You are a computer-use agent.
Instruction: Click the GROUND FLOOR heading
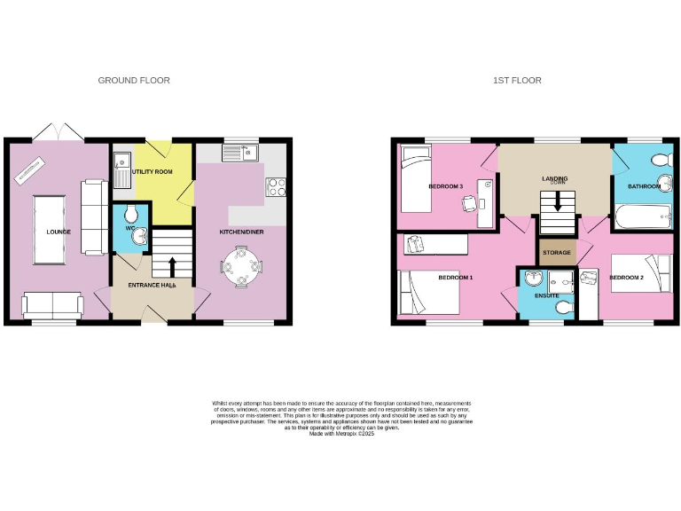pyautogui.click(x=134, y=81)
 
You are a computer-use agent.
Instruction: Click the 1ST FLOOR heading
pyautogui.click(x=517, y=81)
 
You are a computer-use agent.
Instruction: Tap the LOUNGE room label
pyautogui.click(x=59, y=232)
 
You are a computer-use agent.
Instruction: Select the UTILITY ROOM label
pyautogui.click(x=152, y=171)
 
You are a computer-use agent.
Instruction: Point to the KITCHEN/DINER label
pyautogui.click(x=241, y=232)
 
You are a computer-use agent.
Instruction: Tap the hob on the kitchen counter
pyautogui.click(x=274, y=187)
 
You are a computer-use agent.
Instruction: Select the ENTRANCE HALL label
pyautogui.click(x=152, y=286)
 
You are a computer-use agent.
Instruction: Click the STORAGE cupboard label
pyautogui.click(x=557, y=253)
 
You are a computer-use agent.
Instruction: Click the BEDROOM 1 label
pyautogui.click(x=456, y=278)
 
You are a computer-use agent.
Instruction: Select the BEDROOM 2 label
pyautogui.click(x=626, y=279)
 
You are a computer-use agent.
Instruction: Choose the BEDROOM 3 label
pyautogui.click(x=445, y=186)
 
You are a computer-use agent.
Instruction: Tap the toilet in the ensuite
pyautogui.click(x=560, y=307)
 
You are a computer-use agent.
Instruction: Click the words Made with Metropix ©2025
pyautogui.click(x=341, y=432)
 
